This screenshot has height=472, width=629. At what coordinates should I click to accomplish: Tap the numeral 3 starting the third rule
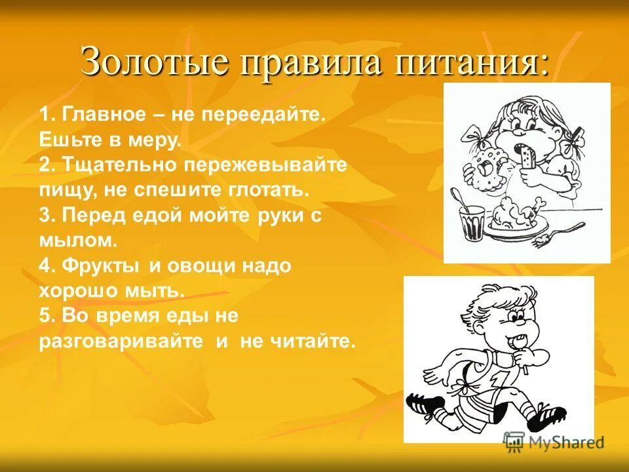45,216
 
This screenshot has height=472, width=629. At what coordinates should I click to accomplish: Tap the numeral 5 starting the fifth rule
45,316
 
